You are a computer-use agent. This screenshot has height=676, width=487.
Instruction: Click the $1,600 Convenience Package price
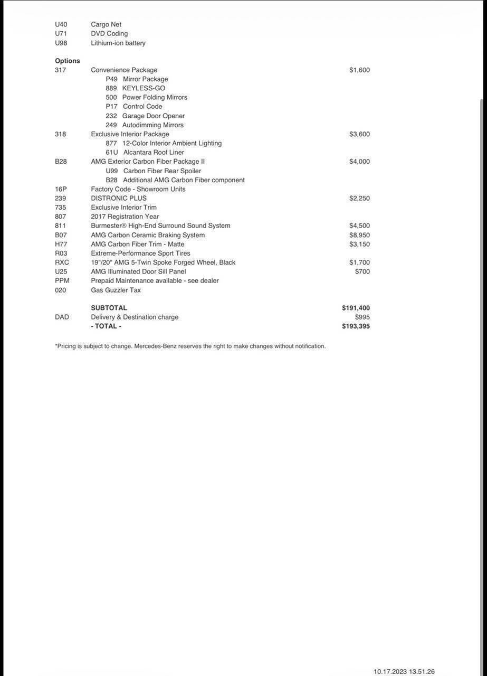click(x=359, y=70)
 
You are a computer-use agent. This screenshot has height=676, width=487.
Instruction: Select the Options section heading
click(x=68, y=61)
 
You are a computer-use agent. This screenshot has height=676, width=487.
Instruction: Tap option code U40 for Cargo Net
click(x=61, y=24)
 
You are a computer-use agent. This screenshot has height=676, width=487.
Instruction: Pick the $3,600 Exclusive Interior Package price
click(x=359, y=134)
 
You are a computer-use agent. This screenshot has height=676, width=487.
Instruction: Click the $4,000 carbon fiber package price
click(x=359, y=162)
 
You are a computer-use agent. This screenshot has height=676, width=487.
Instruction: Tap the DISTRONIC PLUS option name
click(x=119, y=198)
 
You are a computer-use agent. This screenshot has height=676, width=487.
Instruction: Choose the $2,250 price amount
click(x=359, y=198)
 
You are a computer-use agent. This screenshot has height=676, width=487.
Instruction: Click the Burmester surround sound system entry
click(x=160, y=226)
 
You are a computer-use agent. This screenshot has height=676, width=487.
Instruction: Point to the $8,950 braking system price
click(x=359, y=235)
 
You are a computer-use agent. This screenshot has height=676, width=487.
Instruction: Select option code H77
click(x=61, y=244)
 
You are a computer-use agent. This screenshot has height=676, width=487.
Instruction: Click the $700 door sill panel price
click(x=362, y=271)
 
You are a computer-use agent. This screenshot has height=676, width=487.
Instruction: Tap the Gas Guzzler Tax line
click(x=116, y=290)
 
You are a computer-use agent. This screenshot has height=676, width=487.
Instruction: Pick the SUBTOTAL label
click(x=109, y=308)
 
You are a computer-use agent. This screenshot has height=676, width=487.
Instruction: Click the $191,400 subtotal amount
click(x=356, y=308)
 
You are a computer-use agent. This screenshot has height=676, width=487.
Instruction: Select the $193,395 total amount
click(x=356, y=326)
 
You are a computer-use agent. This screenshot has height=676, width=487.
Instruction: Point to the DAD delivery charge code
click(x=62, y=317)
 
